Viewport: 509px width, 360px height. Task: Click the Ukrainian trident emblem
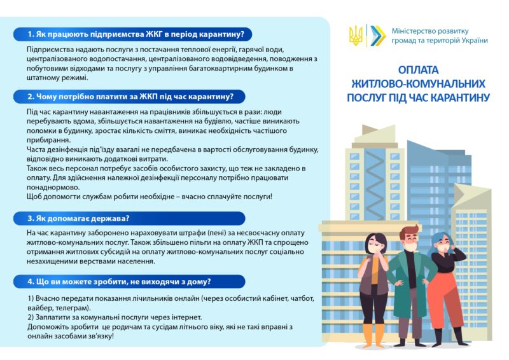(356, 36)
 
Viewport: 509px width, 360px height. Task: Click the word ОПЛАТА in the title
(418, 70)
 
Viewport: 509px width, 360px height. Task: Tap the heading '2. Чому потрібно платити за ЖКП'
(130, 97)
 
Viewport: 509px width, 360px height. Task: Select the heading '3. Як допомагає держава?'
(78, 218)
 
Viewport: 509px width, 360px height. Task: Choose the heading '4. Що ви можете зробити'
(119, 281)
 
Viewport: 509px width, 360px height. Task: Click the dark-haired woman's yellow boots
(373, 335)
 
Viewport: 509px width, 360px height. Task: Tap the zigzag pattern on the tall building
(375, 185)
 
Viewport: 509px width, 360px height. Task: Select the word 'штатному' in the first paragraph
(41, 78)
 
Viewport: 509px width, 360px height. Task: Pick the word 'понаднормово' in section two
(53, 188)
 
